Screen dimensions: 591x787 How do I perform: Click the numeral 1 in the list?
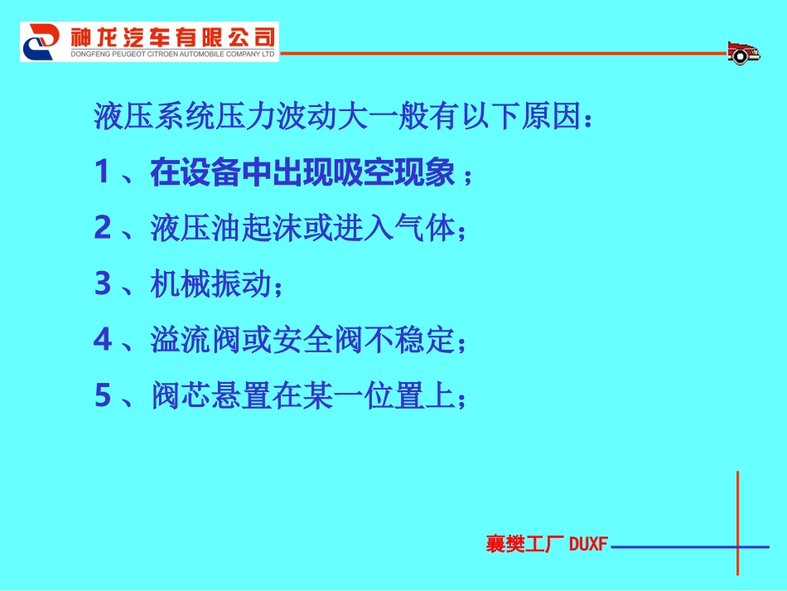tap(103, 172)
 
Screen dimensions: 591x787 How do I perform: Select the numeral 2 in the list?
tap(103, 228)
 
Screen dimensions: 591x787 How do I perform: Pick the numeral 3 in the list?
tap(103, 284)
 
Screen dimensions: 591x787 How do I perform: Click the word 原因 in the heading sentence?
tap(552, 117)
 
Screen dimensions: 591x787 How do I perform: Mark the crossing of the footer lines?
tap(737, 546)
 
